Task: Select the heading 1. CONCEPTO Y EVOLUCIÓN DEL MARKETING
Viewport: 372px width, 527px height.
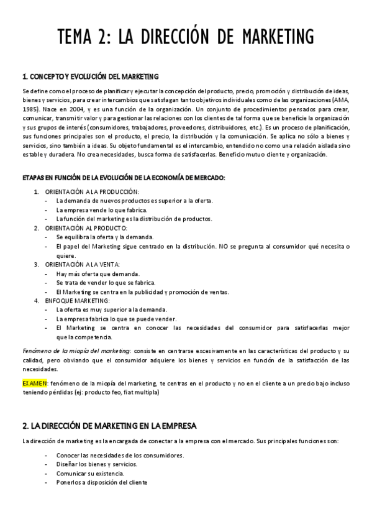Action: [90, 76]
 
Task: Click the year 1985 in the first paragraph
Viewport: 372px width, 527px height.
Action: [30, 109]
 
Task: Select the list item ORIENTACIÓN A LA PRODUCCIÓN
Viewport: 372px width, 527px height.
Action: [92, 191]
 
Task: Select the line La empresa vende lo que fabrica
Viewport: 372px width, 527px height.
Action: [95, 210]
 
